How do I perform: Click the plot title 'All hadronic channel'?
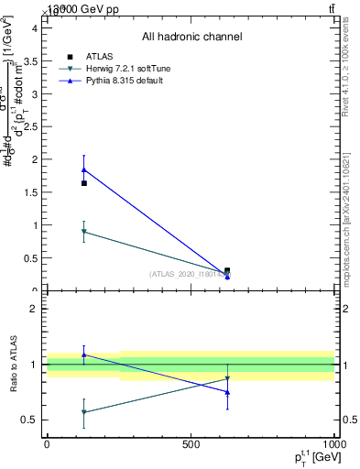[x=191, y=37]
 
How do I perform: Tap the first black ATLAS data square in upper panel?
[x=84, y=183]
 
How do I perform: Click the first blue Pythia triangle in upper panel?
[x=84, y=169]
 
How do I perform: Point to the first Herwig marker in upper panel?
[x=84, y=232]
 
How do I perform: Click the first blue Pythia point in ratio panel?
[x=84, y=354]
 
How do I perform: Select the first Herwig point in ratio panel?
[x=84, y=412]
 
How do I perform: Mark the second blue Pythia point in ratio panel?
[x=227, y=392]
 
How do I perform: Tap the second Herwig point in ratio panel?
[x=227, y=378]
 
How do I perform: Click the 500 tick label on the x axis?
[x=191, y=442]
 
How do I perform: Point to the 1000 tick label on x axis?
[x=333, y=442]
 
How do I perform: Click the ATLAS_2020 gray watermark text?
[x=190, y=274]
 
